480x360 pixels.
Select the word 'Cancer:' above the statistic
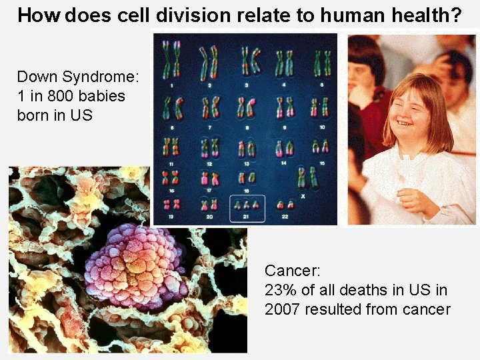pyautogui.click(x=293, y=271)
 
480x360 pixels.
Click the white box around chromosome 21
pyautogui.click(x=247, y=208)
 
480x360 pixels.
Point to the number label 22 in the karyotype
pyautogui.click(x=285, y=217)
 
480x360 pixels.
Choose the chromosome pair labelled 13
pyautogui.click(x=248, y=147)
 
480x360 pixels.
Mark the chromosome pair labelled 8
pyautogui.click(x=248, y=107)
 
